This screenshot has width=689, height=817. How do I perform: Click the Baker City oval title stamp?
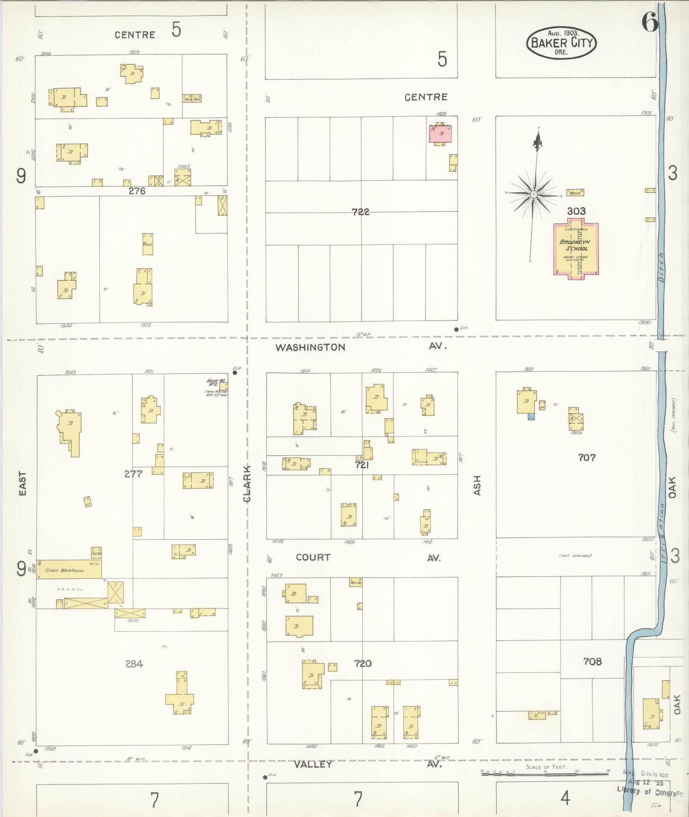point(561,43)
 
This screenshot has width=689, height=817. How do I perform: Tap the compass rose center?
point(534,194)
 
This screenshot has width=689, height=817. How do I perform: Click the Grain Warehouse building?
point(68,569)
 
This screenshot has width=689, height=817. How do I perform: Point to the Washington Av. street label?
point(311,347)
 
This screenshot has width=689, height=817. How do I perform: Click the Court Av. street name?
point(313,557)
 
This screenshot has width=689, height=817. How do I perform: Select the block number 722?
point(361,211)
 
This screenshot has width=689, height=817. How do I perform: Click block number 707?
point(586,458)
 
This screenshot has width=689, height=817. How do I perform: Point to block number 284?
point(134,664)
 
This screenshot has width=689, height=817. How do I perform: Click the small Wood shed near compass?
point(575,193)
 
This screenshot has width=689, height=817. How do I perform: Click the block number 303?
point(576,211)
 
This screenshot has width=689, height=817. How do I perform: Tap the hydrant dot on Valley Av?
point(265,777)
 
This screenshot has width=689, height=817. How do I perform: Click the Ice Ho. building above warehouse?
point(96,553)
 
